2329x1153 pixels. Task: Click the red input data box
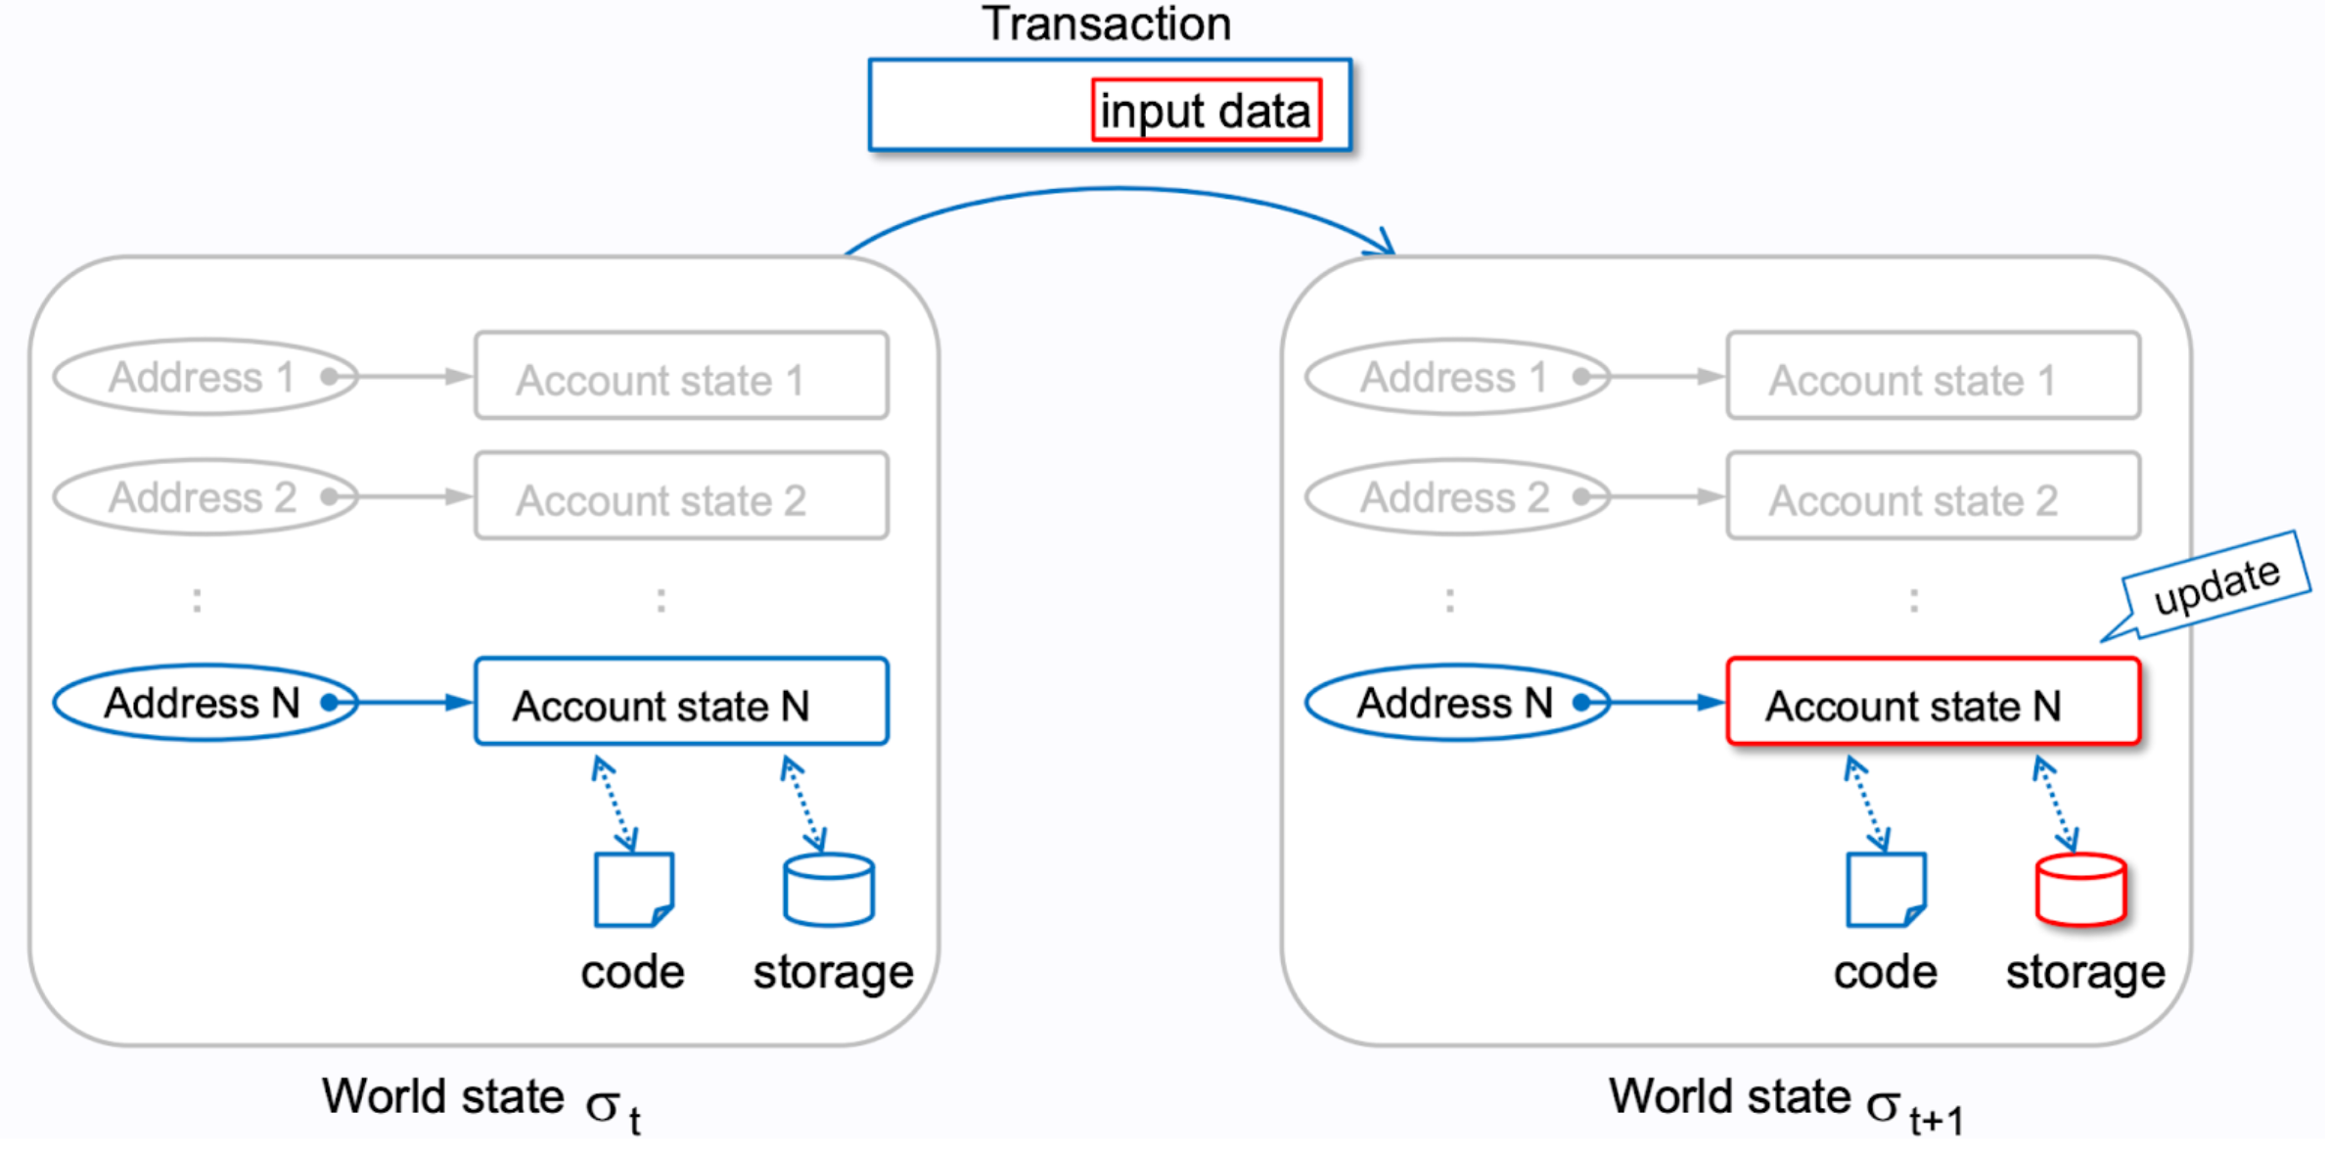(1206, 110)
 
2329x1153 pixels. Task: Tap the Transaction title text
(1106, 23)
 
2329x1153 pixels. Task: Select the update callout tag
(2215, 585)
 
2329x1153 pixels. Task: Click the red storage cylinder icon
(2080, 891)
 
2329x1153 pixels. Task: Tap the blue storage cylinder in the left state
(828, 891)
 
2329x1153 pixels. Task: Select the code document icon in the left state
(633, 889)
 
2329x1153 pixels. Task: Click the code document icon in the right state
(1886, 889)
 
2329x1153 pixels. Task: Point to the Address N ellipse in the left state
(204, 703)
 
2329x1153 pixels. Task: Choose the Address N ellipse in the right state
(1456, 703)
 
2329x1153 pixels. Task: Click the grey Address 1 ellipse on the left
(204, 377)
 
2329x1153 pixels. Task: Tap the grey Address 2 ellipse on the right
(1456, 497)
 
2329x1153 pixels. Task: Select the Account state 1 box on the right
(1933, 377)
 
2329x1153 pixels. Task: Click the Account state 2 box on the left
(681, 497)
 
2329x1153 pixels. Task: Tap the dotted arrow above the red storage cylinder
(2055, 803)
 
